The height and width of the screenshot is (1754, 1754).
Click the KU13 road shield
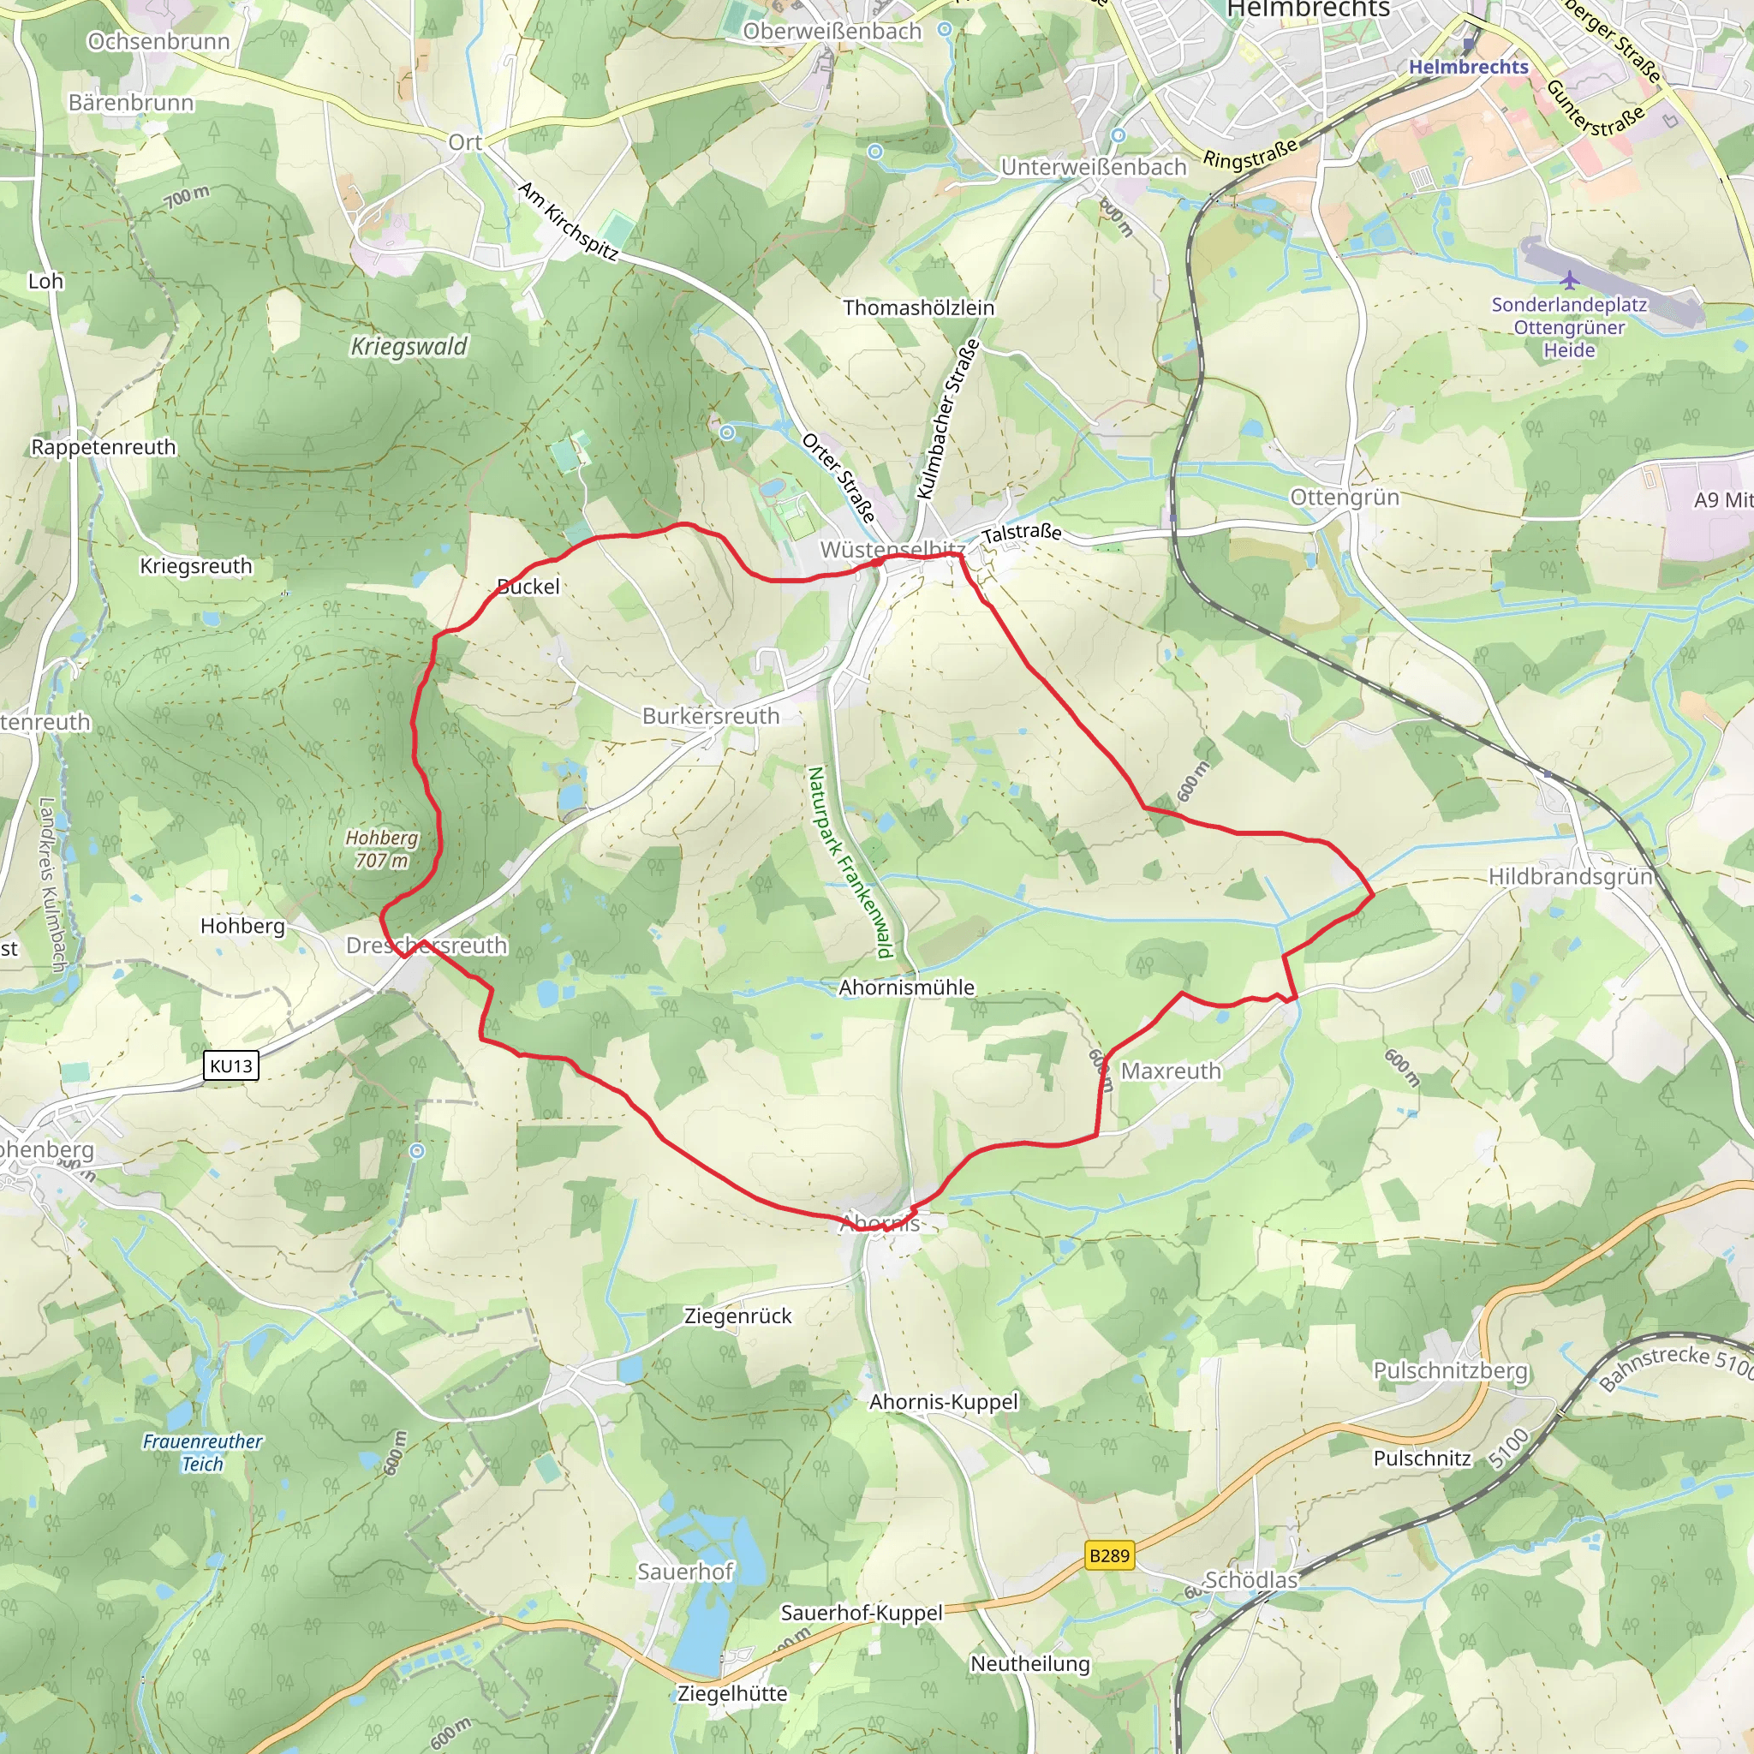click(230, 1065)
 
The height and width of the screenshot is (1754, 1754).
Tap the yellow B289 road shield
click(1108, 1556)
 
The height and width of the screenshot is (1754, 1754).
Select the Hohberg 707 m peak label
click(381, 849)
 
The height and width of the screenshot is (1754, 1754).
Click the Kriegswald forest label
click(409, 346)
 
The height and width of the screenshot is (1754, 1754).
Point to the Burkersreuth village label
click(711, 716)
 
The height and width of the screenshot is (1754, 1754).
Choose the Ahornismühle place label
click(906, 987)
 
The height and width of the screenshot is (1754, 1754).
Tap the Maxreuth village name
click(1171, 1071)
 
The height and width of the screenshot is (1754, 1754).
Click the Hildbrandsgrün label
click(1571, 877)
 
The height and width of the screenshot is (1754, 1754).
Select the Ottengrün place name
click(1345, 498)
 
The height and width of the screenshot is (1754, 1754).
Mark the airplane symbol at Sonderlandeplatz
click(1570, 278)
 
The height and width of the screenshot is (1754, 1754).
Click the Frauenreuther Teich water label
click(202, 1453)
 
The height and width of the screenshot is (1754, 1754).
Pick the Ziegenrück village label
click(737, 1316)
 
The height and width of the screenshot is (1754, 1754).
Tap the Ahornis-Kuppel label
click(943, 1402)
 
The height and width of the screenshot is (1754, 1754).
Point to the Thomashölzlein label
click(919, 307)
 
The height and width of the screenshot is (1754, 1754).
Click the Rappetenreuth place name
click(104, 448)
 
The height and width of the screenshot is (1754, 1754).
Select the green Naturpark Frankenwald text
click(849, 862)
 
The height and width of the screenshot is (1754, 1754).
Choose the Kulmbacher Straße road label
click(948, 419)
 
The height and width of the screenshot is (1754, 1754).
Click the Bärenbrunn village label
click(131, 103)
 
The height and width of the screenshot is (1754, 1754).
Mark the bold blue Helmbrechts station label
click(1468, 67)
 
